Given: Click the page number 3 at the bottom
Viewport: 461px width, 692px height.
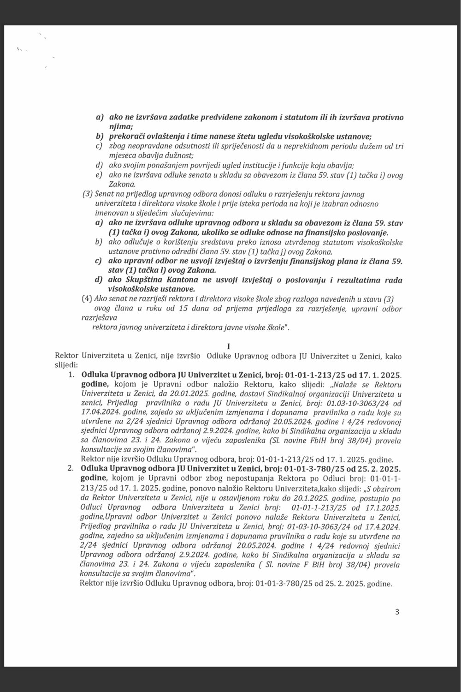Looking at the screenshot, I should [397, 612].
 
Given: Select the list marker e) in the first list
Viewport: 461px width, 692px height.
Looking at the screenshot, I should [98, 175].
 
